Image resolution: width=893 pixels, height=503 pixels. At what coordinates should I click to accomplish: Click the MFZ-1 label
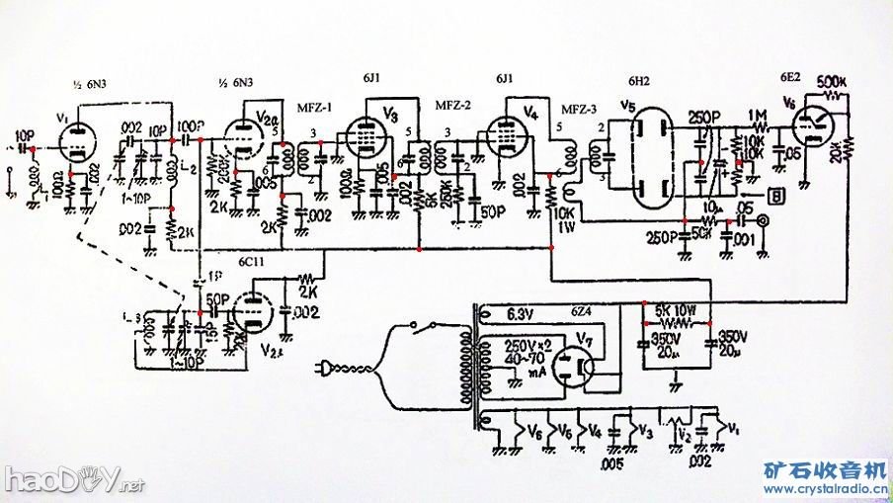pyautogui.click(x=315, y=107)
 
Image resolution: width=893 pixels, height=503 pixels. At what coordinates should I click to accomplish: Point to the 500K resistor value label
pyautogui.click(x=831, y=81)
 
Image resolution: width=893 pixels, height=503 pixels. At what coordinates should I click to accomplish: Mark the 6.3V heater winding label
pyautogui.click(x=522, y=314)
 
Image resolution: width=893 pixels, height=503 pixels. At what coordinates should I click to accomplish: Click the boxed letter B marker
pyautogui.click(x=779, y=197)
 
